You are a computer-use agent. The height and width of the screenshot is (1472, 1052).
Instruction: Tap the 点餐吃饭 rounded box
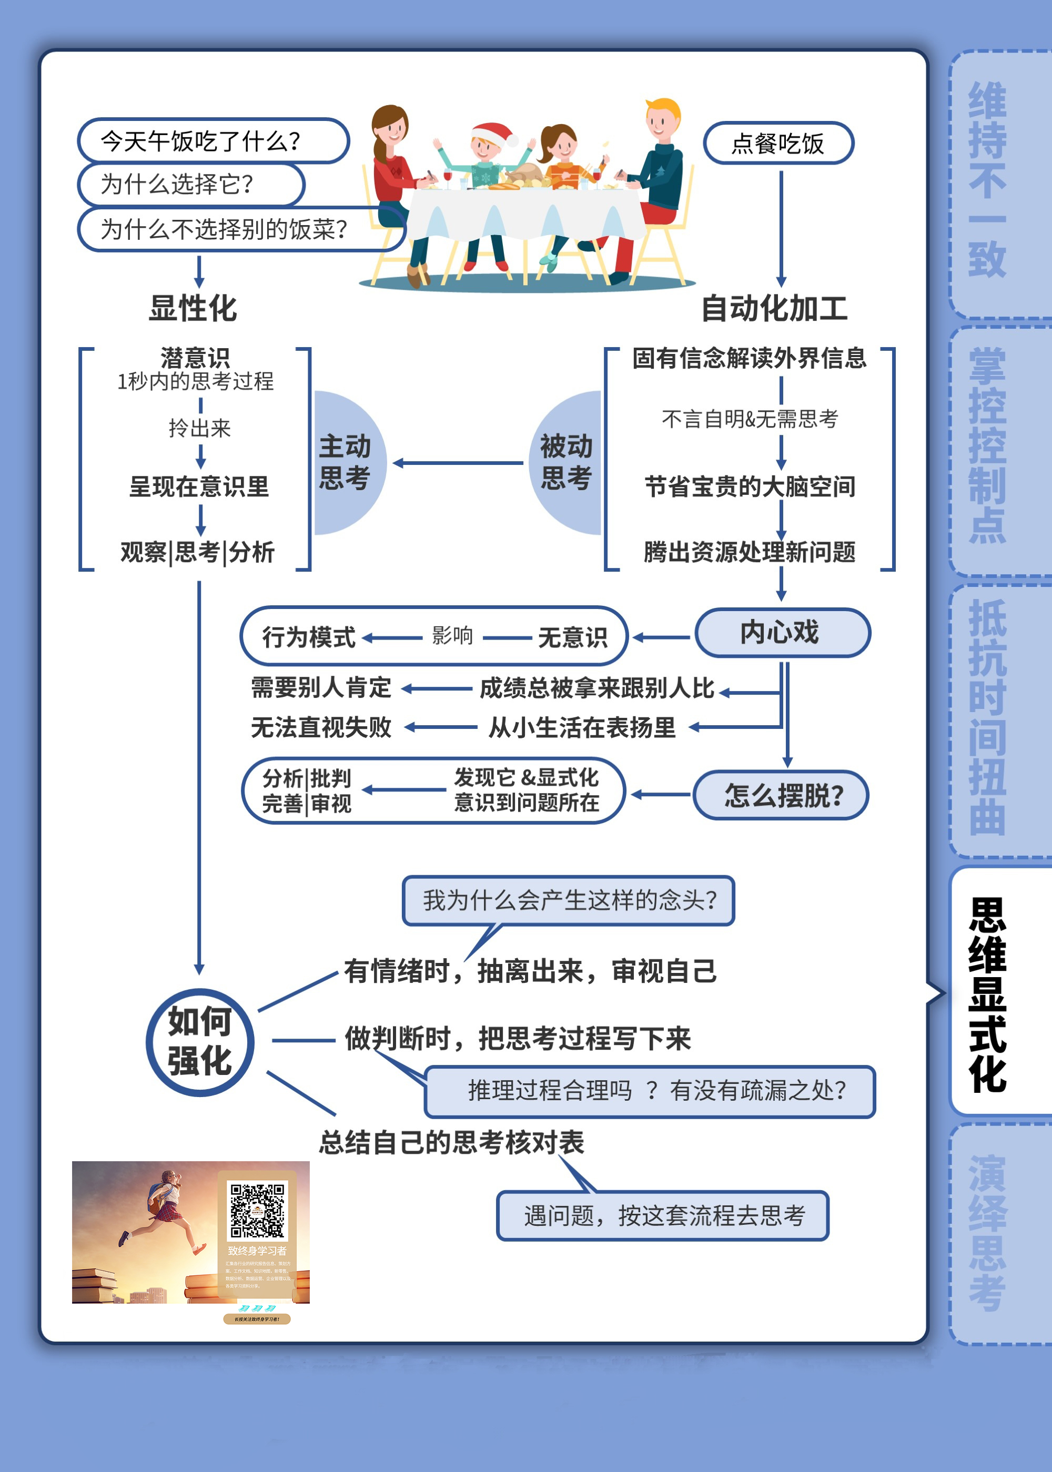click(x=778, y=143)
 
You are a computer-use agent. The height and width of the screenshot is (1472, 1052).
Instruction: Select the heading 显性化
click(x=193, y=308)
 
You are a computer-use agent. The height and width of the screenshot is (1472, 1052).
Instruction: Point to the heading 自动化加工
click(x=774, y=308)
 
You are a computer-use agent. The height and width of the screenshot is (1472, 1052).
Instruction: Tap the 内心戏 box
click(x=782, y=633)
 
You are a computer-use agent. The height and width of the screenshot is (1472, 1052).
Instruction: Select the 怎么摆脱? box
click(x=781, y=795)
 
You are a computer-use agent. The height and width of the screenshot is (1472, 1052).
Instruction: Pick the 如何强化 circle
click(x=199, y=1041)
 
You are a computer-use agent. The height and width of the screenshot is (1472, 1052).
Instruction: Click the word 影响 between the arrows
click(x=452, y=635)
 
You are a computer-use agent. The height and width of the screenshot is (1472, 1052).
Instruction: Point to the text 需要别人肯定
click(x=321, y=688)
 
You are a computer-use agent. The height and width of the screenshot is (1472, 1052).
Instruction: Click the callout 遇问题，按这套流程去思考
click(x=663, y=1215)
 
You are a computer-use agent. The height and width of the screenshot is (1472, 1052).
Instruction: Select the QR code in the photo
click(x=257, y=1211)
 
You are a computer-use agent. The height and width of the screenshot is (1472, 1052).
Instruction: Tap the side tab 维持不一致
click(x=988, y=181)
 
